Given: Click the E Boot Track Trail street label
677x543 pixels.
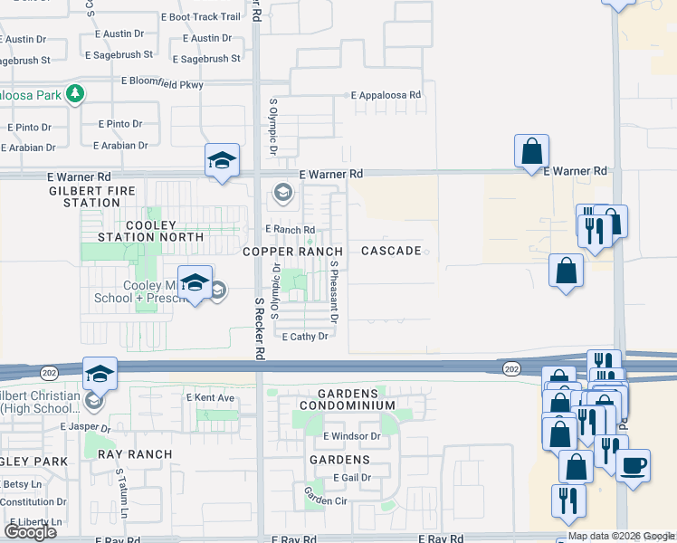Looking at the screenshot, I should pos(200,16).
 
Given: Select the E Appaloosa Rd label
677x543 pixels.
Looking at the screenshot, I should pos(386,94).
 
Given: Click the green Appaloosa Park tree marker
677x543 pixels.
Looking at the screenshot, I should pos(78,93).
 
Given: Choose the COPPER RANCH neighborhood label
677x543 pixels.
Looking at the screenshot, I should pos(291,251).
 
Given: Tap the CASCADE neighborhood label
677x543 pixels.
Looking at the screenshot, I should pos(391,251).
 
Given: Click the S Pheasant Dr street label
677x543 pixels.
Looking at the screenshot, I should pos(334,293).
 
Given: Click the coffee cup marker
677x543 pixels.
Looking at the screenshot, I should pos(633,465).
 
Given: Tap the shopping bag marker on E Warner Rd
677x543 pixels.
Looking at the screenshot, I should pos(531,150).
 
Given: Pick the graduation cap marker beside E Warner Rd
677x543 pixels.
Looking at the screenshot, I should pos(222,160).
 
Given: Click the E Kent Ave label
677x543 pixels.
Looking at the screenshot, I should pos(210,397).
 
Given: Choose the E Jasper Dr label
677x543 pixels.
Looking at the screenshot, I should pos(84,426).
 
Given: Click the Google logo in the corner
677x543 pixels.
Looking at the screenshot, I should pos(30,532).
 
